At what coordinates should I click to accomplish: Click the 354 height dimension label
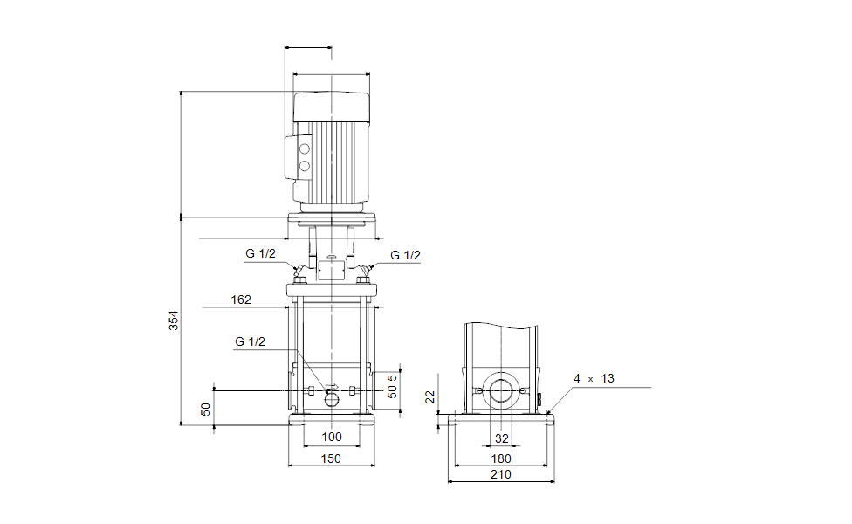(x=173, y=321)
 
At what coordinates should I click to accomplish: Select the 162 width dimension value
(x=241, y=300)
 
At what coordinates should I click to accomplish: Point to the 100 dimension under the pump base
(x=332, y=438)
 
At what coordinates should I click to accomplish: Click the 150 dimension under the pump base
(x=331, y=458)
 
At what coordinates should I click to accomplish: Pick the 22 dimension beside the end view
(x=429, y=397)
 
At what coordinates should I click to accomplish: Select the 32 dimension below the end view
(x=501, y=438)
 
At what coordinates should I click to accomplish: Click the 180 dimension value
(x=501, y=458)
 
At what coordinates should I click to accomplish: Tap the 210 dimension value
(x=501, y=474)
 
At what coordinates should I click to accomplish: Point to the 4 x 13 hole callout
(x=594, y=378)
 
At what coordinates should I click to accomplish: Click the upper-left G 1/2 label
(x=260, y=254)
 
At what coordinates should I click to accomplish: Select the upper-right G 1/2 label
(x=405, y=255)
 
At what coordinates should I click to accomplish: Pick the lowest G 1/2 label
(x=250, y=341)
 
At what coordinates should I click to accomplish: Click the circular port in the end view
(x=502, y=392)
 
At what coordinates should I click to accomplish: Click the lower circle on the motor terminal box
(x=305, y=164)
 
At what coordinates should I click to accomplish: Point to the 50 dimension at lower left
(x=206, y=408)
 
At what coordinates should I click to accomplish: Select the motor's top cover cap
(x=332, y=107)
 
